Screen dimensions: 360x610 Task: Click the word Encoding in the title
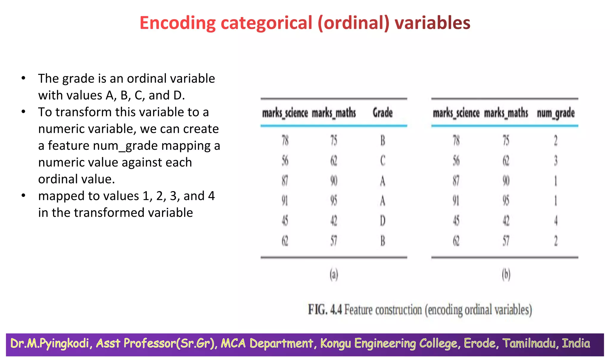click(177, 23)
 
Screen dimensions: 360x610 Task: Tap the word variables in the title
click(432, 23)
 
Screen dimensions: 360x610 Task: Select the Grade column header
click(382, 113)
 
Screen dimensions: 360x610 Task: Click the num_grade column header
click(555, 113)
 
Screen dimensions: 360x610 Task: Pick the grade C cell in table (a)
click(383, 161)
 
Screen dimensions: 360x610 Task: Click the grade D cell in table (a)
click(383, 221)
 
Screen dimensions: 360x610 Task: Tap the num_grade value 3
click(555, 161)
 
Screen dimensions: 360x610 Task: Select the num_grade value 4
click(555, 221)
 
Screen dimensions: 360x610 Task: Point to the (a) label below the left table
click(334, 274)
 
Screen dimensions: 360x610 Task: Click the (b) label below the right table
click(506, 274)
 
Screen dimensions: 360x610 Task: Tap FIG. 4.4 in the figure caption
click(325, 310)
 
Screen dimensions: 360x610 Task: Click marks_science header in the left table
click(285, 113)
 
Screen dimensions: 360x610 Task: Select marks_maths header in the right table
click(506, 113)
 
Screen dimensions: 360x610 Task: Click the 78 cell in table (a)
click(285, 140)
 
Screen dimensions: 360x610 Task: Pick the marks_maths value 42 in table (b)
click(506, 221)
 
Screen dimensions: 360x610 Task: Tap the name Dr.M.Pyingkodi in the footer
click(50, 343)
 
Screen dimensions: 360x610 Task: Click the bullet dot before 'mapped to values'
click(24, 196)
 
